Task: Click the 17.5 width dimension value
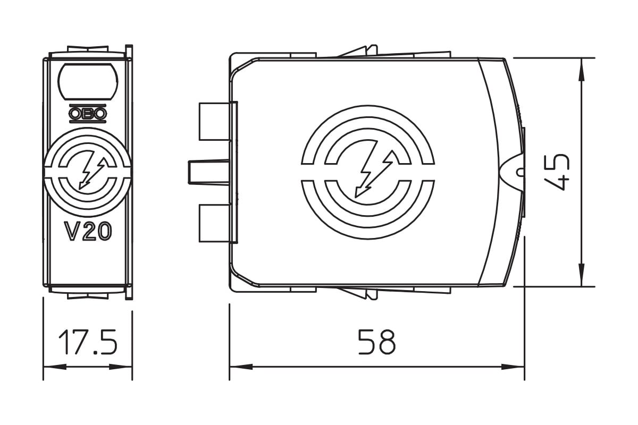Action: click(88, 342)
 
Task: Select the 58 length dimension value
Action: click(377, 342)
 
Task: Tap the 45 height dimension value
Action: click(556, 172)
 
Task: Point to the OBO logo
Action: click(88, 114)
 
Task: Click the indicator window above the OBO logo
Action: click(88, 81)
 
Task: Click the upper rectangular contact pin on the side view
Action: click(214, 122)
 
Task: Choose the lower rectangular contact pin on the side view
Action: click(214, 224)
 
